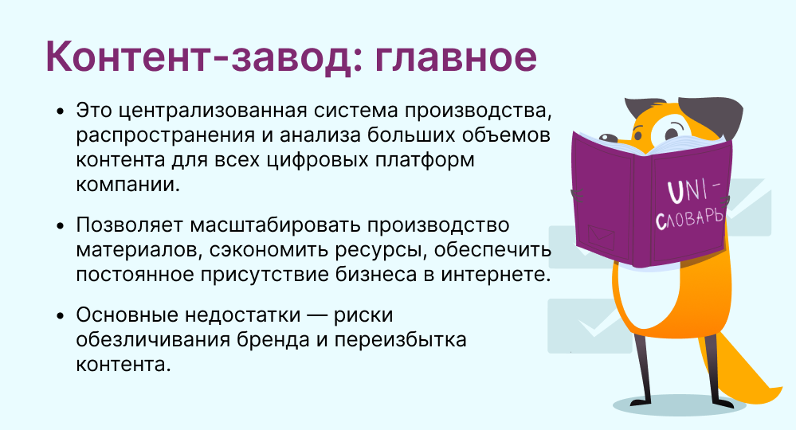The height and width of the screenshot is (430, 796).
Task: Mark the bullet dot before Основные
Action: point(60,315)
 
